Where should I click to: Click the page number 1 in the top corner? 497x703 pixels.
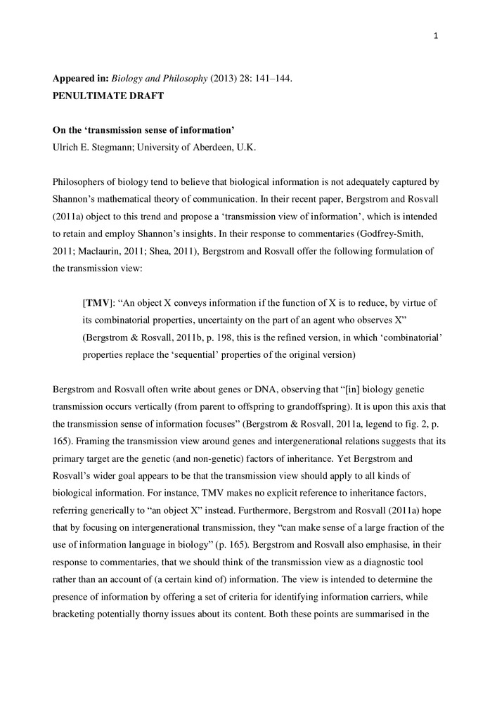[437, 37]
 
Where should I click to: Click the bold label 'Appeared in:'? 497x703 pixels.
[82, 79]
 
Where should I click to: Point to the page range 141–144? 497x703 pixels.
[266, 79]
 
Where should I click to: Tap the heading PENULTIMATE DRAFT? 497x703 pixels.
[108, 96]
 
